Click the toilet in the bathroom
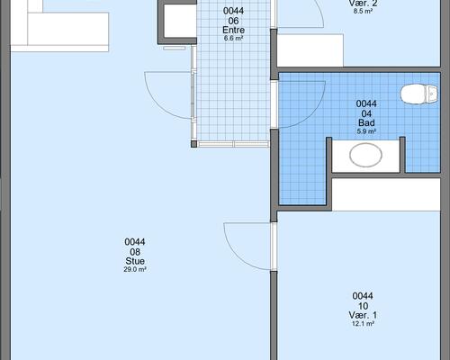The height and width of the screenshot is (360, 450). click(x=418, y=94)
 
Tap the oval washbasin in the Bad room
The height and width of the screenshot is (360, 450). click(x=365, y=155)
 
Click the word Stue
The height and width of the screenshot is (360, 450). click(x=135, y=261)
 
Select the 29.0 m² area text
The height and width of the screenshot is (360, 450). click(x=135, y=269)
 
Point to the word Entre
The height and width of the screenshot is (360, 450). click(x=233, y=30)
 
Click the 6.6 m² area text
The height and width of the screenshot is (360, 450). click(x=233, y=39)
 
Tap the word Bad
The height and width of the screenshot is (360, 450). click(x=366, y=122)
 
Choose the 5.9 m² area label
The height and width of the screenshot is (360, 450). click(x=366, y=131)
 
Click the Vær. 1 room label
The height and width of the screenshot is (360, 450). click(x=363, y=315)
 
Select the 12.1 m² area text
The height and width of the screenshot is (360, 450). click(x=363, y=324)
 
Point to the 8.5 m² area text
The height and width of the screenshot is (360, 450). click(x=363, y=12)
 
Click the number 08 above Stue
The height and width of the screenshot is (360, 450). click(x=135, y=252)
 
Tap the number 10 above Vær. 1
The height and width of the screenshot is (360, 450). click(x=363, y=306)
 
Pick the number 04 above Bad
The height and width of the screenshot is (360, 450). click(x=366, y=113)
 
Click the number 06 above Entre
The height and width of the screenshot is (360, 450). click(x=233, y=21)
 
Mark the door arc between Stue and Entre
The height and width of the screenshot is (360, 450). click(x=157, y=102)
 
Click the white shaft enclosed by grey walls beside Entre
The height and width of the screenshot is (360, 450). click(x=180, y=21)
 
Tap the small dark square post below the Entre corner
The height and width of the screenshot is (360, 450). click(x=194, y=144)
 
